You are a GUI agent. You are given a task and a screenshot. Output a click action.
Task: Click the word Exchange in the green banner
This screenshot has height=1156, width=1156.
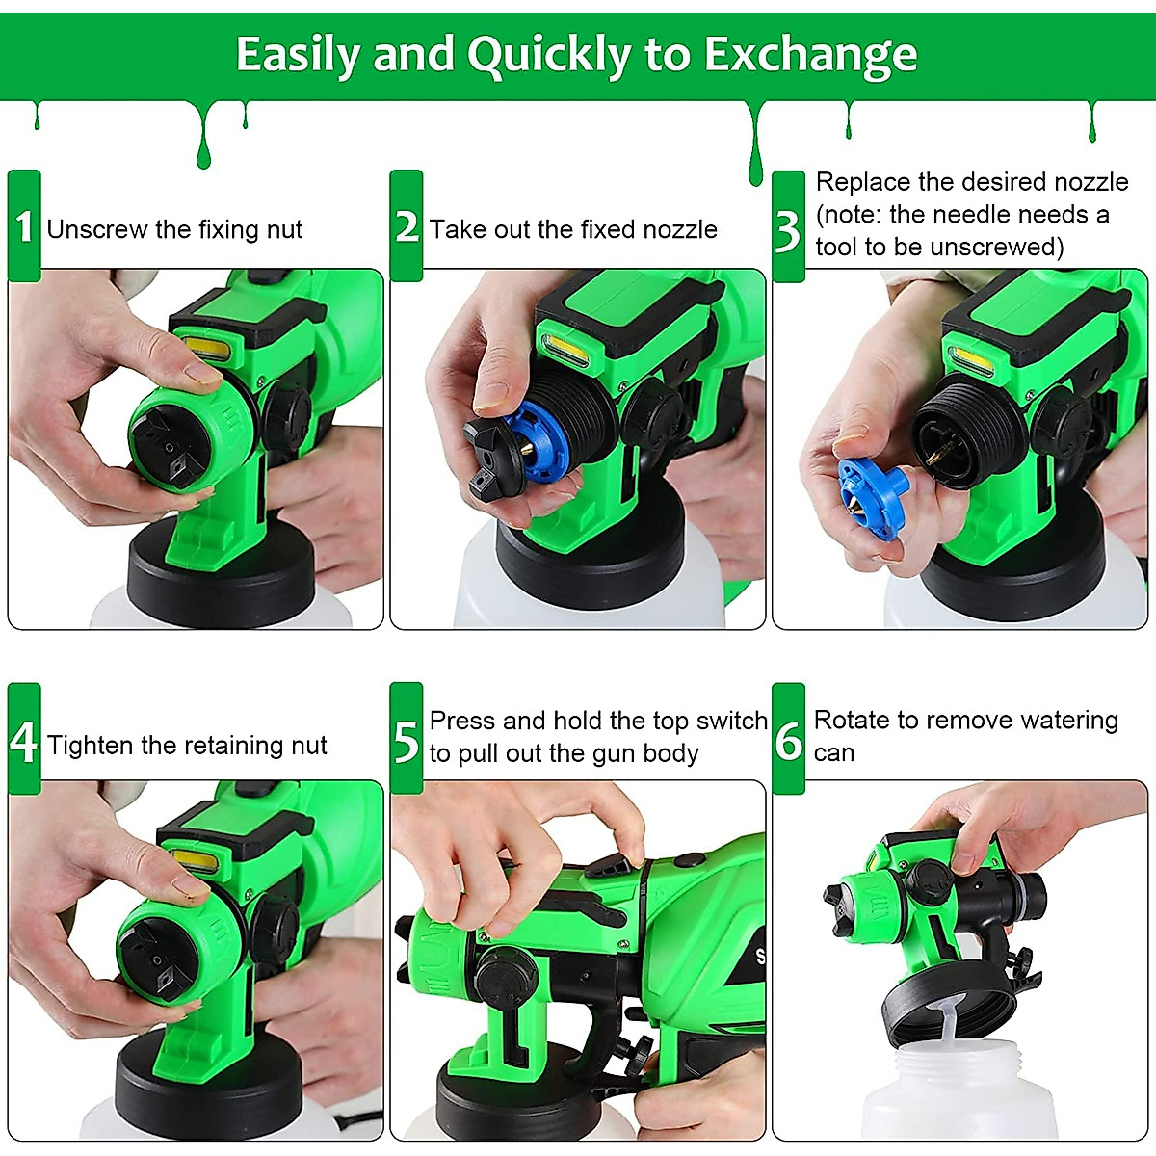point(810,56)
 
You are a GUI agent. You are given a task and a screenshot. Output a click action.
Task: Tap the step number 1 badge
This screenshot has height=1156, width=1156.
point(24,227)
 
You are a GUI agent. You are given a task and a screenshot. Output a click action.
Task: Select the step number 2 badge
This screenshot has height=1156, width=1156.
point(407,227)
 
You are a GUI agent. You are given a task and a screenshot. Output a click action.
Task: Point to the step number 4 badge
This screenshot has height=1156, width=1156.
point(24,741)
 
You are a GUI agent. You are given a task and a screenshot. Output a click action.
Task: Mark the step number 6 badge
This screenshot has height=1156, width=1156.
point(788,740)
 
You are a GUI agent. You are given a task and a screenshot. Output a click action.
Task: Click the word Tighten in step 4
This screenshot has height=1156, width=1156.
point(91,745)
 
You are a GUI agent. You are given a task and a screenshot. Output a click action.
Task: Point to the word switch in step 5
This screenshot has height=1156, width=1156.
point(731,721)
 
